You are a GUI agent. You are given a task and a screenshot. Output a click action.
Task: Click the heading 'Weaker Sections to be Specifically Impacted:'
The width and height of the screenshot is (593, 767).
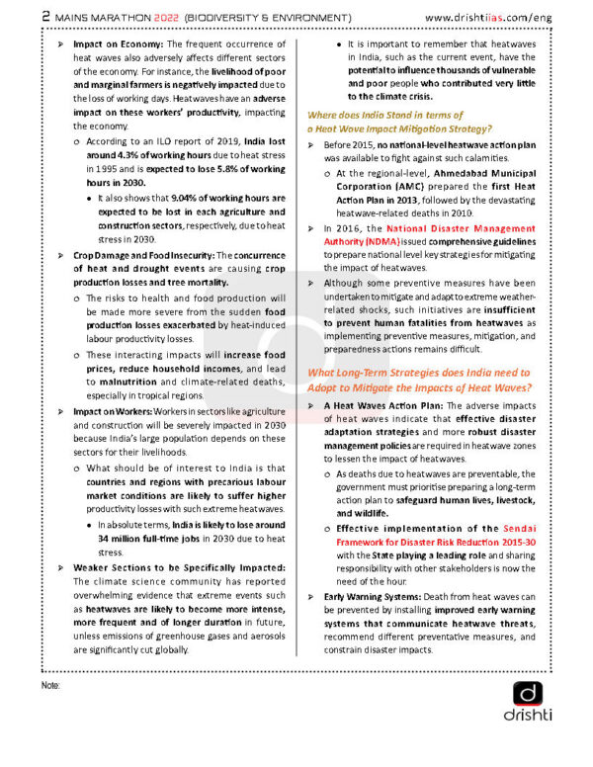[180, 567]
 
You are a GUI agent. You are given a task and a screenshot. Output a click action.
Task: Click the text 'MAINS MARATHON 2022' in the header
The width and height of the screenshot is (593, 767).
[124, 17]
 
